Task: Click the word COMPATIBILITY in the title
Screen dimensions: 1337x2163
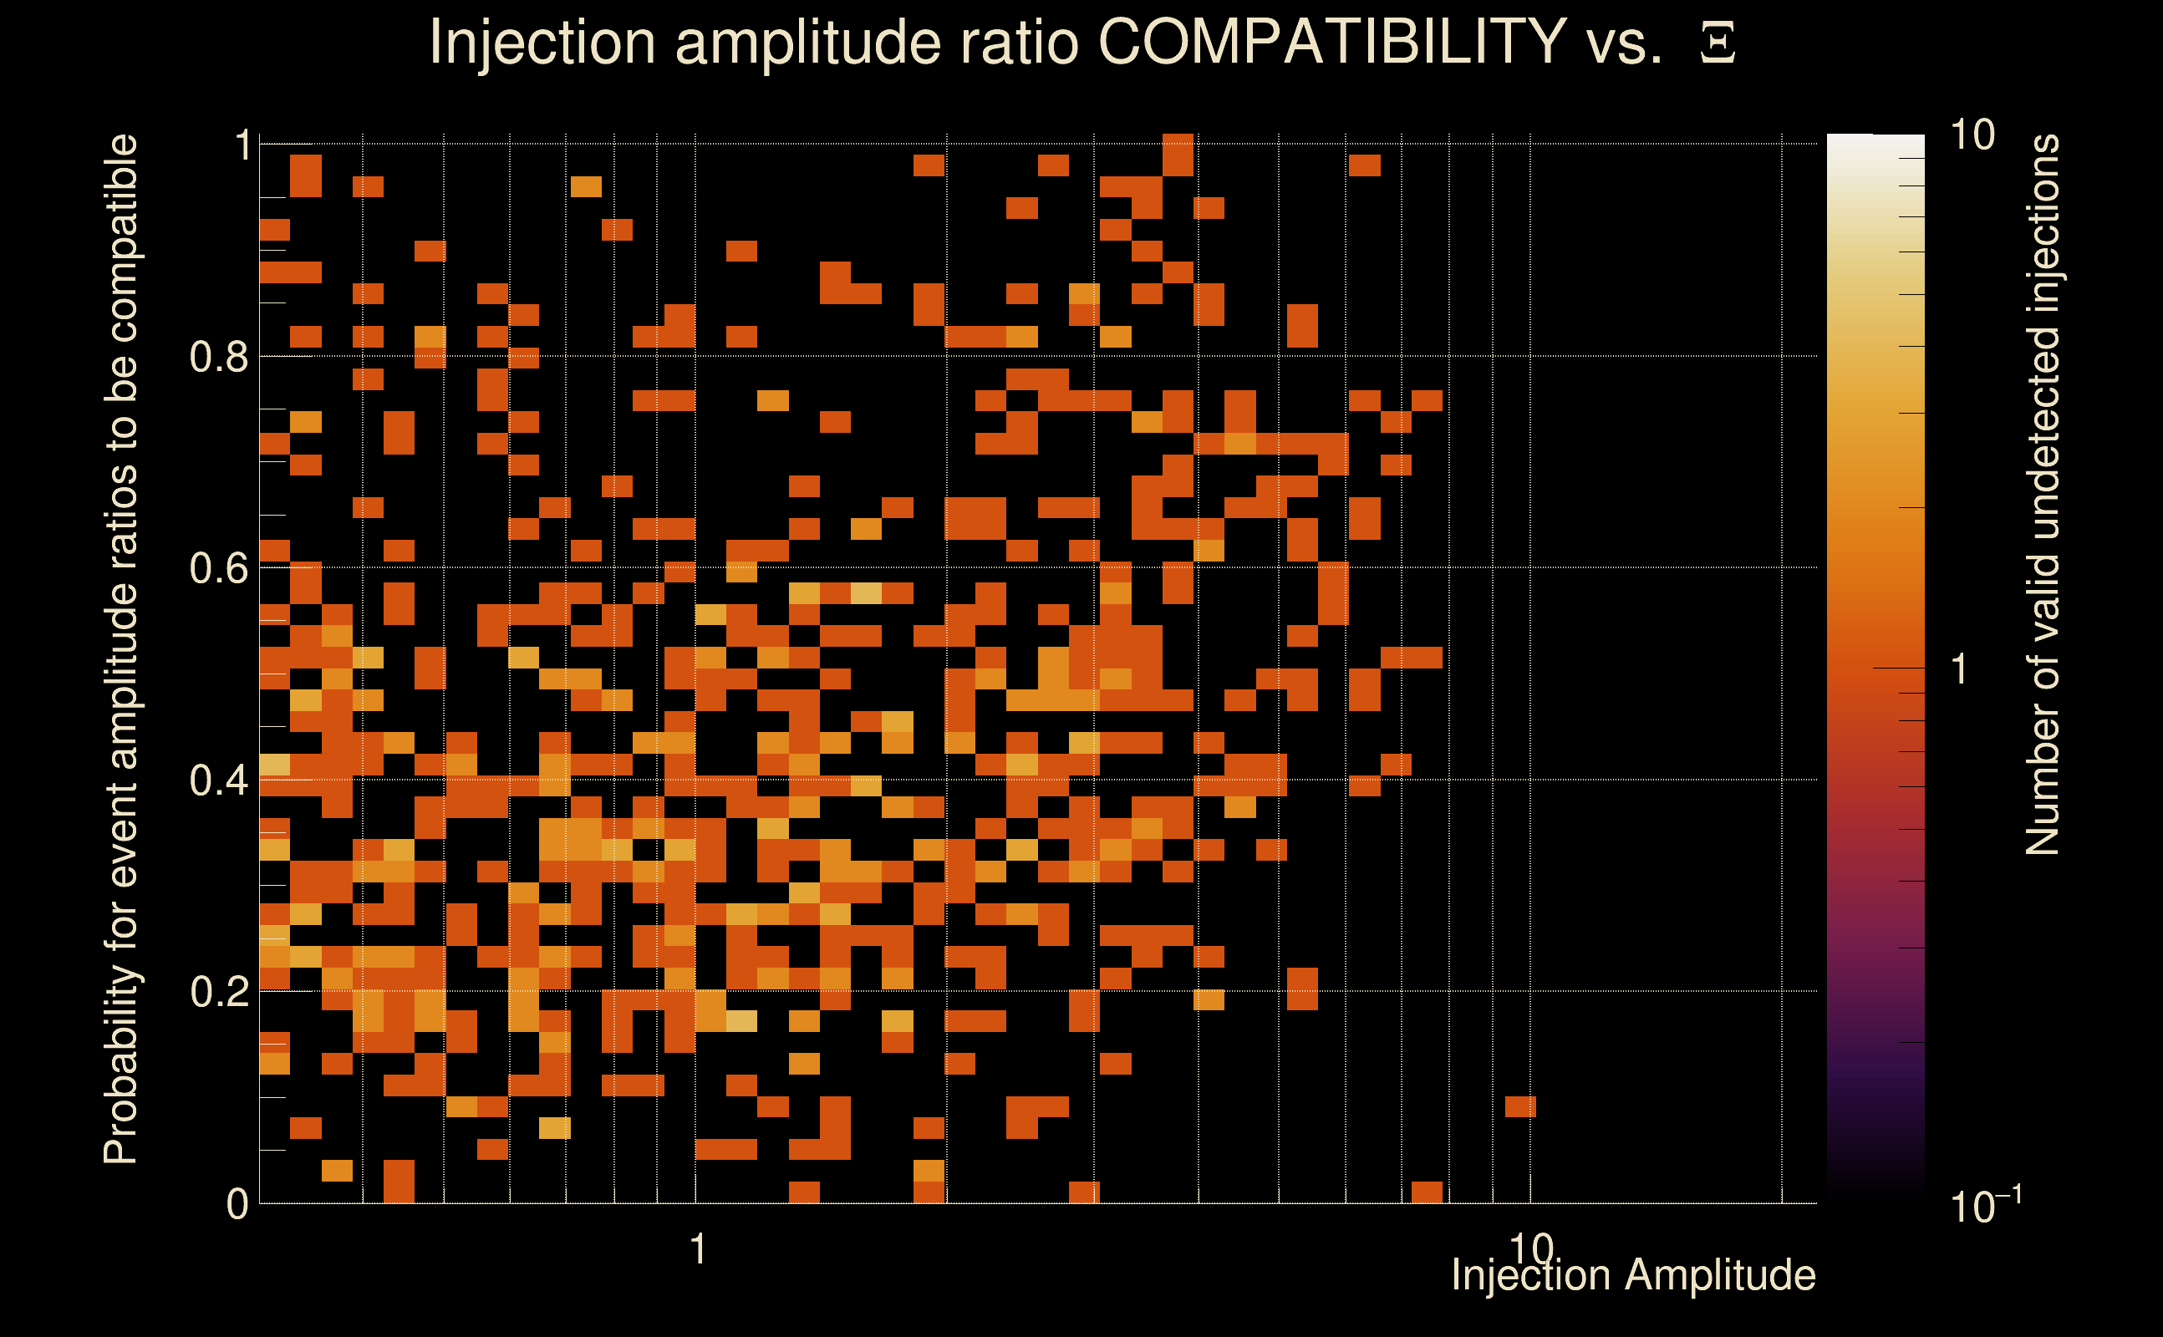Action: click(x=1331, y=42)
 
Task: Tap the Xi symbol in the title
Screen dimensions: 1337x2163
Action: click(x=1718, y=43)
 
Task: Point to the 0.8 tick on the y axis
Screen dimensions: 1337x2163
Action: click(x=218, y=356)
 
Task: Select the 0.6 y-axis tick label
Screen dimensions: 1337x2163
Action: click(x=218, y=567)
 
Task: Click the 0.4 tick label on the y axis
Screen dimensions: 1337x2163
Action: click(x=218, y=780)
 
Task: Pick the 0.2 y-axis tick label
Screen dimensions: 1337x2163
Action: click(x=218, y=991)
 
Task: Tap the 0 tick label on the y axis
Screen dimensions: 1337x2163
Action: click(x=237, y=1203)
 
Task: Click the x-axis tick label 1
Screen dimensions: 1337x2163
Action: click(x=699, y=1249)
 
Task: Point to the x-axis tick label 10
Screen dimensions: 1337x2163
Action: click(x=1530, y=1249)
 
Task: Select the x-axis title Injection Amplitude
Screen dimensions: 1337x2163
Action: click(x=1633, y=1275)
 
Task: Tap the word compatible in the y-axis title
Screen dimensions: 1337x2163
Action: click(x=121, y=238)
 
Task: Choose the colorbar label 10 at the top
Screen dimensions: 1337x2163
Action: click(x=1972, y=135)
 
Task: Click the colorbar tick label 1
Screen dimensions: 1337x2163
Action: click(x=1960, y=669)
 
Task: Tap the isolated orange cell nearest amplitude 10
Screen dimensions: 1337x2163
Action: click(x=1520, y=1106)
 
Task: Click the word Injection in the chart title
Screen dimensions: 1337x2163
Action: click(x=542, y=42)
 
